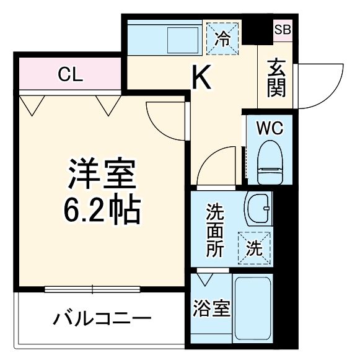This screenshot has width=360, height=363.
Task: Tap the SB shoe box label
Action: [282, 28]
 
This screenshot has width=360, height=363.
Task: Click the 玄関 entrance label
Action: [276, 78]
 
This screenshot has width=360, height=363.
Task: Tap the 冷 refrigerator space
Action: [222, 37]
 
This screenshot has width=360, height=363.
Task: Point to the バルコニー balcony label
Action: [102, 320]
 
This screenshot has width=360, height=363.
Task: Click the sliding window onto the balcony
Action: [93, 289]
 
